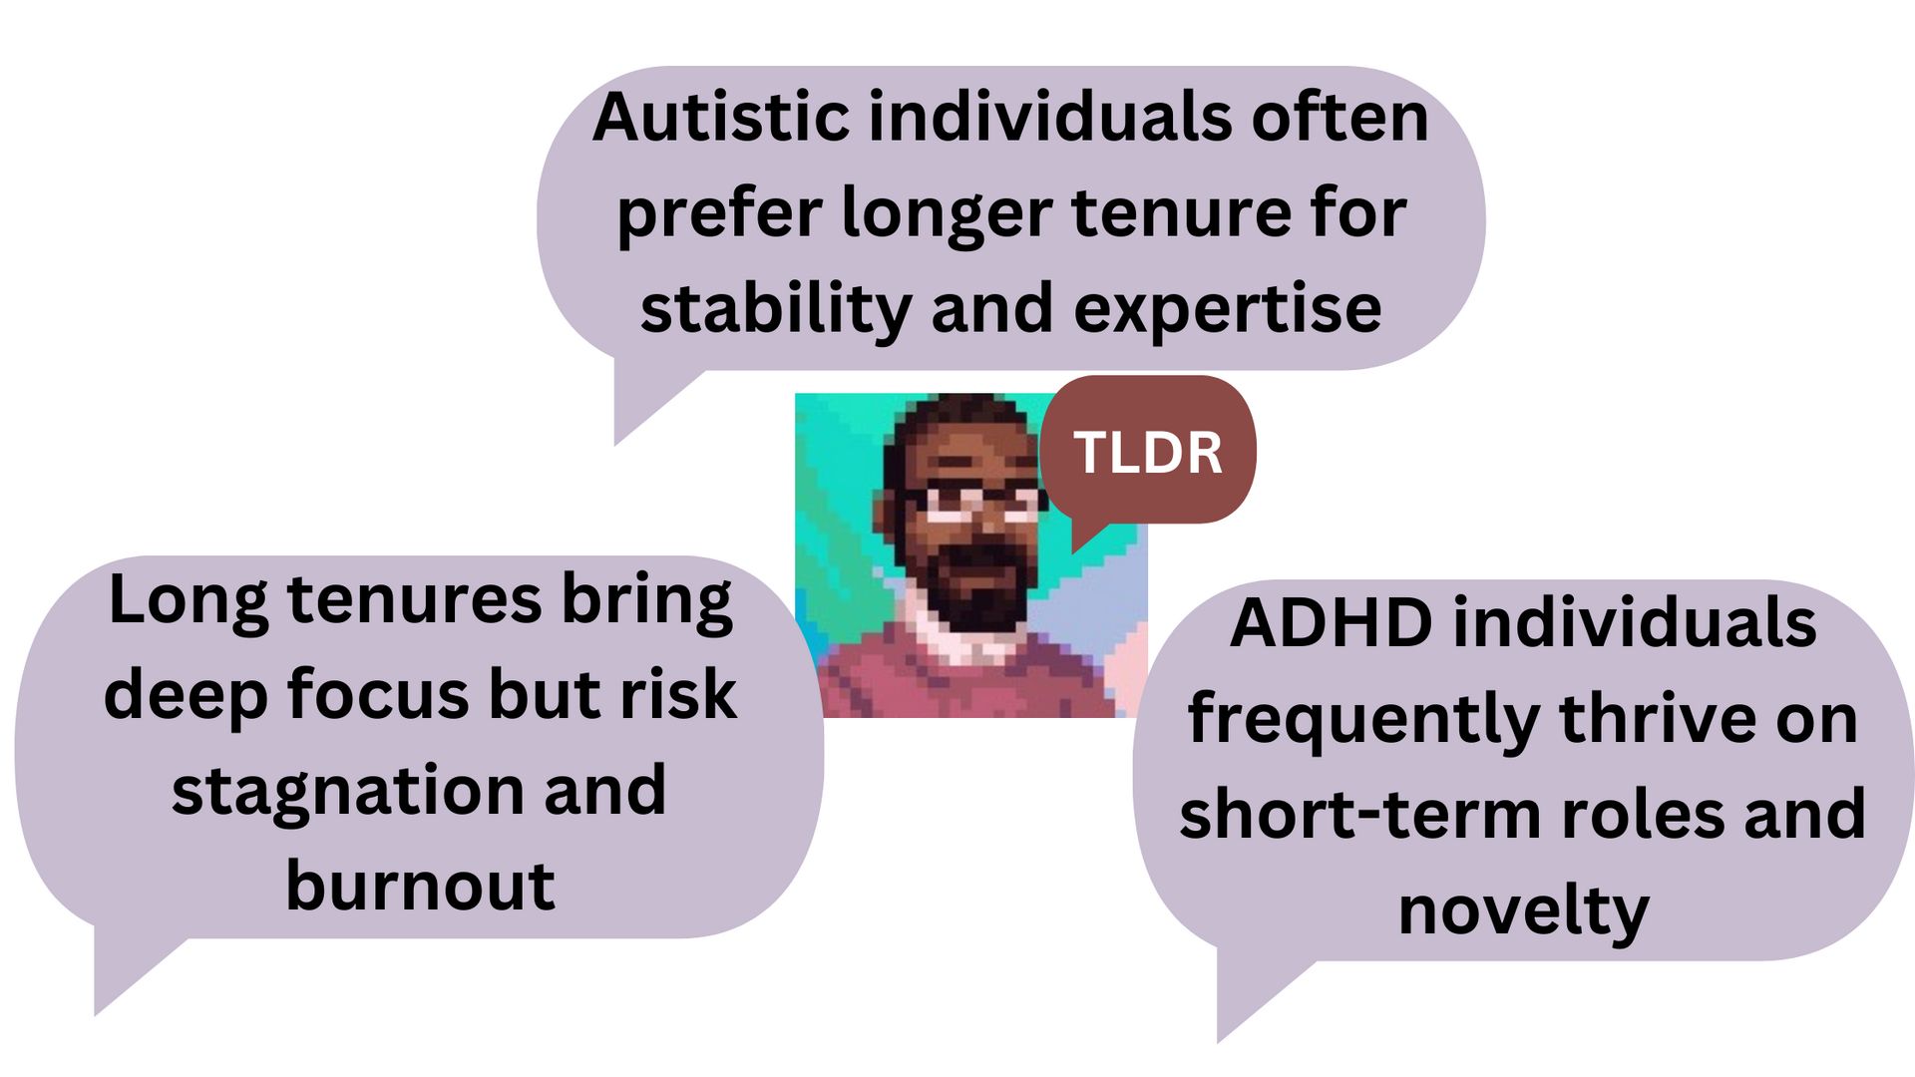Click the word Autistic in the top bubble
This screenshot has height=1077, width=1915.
point(721,118)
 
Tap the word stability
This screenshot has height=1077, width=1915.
point(776,308)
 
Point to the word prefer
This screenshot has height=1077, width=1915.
point(720,214)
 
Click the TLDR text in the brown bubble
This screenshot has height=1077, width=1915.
point(1148,453)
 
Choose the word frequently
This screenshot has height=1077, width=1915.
point(1363,720)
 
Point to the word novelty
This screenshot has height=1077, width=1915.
point(1523,911)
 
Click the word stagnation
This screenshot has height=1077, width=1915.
point(346,792)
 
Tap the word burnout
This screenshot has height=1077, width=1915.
point(420,886)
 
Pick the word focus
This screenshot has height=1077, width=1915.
point(379,695)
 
